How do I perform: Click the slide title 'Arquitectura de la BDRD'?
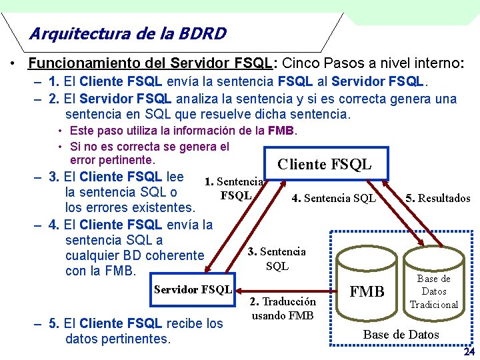point(128,33)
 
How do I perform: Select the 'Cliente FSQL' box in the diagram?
point(325,164)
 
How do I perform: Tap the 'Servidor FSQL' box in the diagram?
point(193,289)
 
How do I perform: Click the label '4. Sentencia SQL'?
point(334,198)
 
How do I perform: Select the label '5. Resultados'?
point(437,198)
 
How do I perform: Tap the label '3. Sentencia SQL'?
point(277,259)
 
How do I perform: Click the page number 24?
point(469,351)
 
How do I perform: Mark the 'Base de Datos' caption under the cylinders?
point(401,334)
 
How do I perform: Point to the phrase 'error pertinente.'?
point(112,161)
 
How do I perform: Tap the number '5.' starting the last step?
point(56,324)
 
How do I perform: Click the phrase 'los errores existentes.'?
point(130,207)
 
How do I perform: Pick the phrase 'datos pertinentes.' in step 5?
point(118,339)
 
